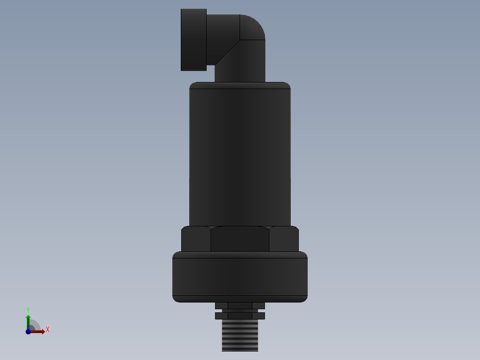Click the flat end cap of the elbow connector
[193, 40]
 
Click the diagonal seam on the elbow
[227, 52]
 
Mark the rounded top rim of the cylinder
[240, 85]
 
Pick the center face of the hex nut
[240, 239]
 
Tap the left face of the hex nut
[195, 239]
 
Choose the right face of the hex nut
[284, 239]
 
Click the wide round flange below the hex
[240, 276]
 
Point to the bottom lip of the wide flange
[240, 299]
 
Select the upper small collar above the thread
[240, 306]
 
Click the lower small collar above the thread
[240, 315]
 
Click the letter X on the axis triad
[48, 330]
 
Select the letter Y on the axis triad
[28, 309]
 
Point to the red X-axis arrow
[39, 331]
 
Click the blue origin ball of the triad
[28, 331]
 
